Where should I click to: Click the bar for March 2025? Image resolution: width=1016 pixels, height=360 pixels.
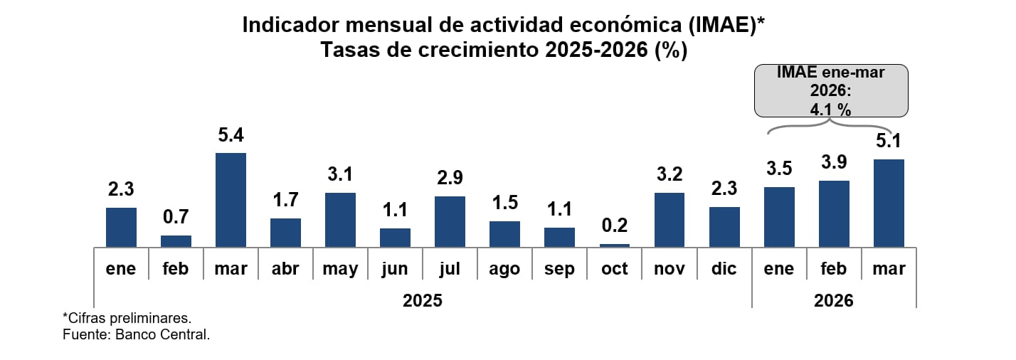pyautogui.click(x=231, y=200)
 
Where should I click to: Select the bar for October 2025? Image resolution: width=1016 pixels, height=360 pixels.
pyautogui.click(x=615, y=245)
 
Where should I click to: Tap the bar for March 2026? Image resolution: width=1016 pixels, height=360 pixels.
pyautogui.click(x=889, y=203)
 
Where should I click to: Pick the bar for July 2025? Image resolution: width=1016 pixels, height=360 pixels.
pyautogui.click(x=450, y=221)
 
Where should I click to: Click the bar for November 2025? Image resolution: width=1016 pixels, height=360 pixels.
pyautogui.click(x=670, y=220)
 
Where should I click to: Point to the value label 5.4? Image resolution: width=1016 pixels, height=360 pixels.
pyautogui.click(x=231, y=135)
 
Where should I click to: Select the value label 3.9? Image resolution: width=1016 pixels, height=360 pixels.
pyautogui.click(x=833, y=163)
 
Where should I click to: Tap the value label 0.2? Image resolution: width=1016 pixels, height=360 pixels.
pyautogui.click(x=615, y=226)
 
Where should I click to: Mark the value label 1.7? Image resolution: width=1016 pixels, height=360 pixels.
pyautogui.click(x=285, y=201)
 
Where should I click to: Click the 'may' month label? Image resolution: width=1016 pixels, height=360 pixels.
pyautogui.click(x=340, y=269)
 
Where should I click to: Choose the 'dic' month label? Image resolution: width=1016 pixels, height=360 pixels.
pyautogui.click(x=724, y=269)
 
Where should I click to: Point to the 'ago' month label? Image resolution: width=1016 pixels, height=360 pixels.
pyautogui.click(x=504, y=269)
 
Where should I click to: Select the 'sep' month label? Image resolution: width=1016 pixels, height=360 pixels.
pyautogui.click(x=559, y=269)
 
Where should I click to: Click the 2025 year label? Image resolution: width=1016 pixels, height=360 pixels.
pyautogui.click(x=423, y=300)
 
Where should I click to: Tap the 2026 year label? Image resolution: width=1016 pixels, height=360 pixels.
pyautogui.click(x=833, y=300)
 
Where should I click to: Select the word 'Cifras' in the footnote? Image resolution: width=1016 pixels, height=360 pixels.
pyautogui.click(x=88, y=317)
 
